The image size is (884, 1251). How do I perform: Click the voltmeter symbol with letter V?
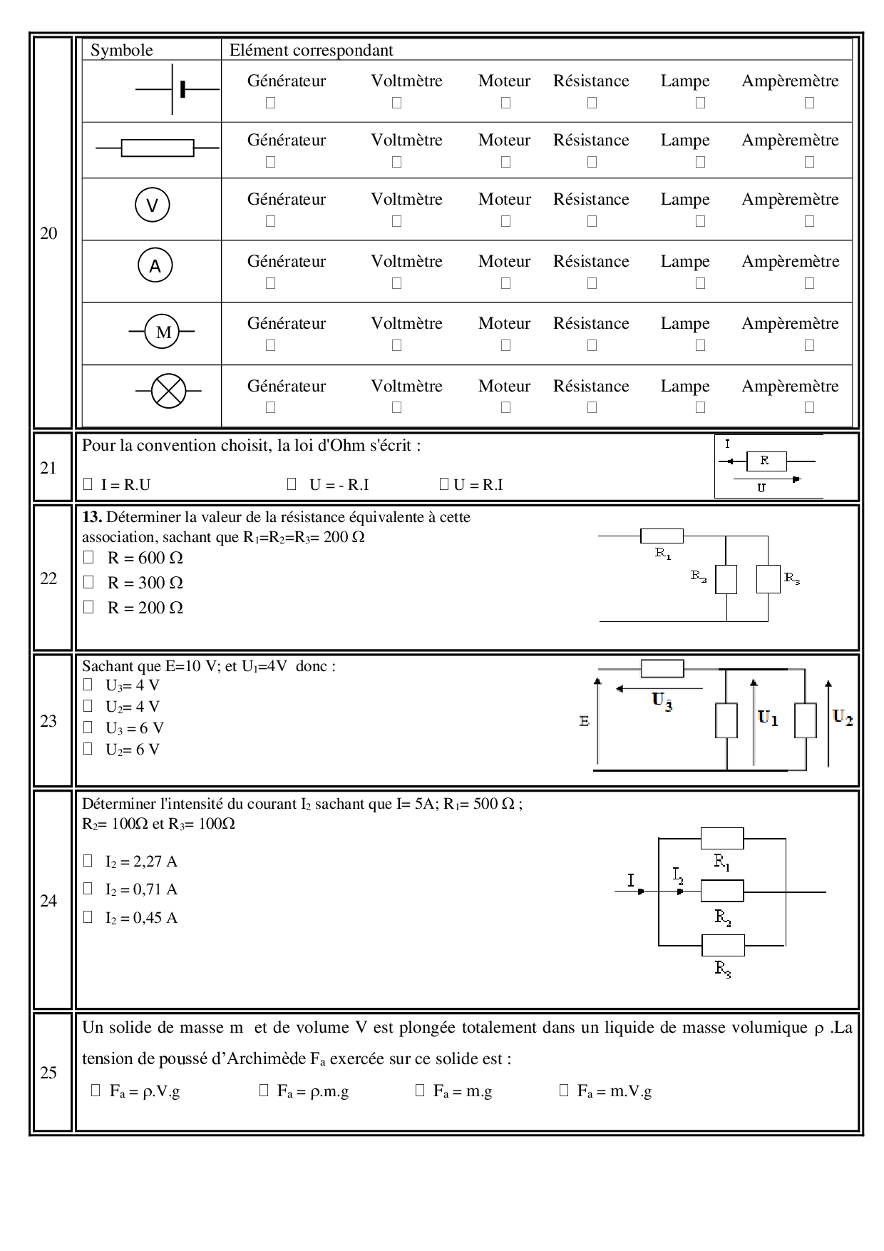pyautogui.click(x=152, y=205)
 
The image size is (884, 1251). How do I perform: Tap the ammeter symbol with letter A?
pyautogui.click(x=155, y=266)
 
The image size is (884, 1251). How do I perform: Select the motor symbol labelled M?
pyautogui.click(x=163, y=332)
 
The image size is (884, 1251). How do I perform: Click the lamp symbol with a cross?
pyautogui.click(x=168, y=391)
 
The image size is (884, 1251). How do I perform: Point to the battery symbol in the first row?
pyautogui.click(x=178, y=89)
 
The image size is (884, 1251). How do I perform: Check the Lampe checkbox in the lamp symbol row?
pyautogui.click(x=700, y=407)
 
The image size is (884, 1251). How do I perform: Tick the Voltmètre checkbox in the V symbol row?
pyautogui.click(x=396, y=221)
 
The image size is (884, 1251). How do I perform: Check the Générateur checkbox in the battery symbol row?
pyautogui.click(x=270, y=103)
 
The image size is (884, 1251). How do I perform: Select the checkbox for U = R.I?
pyautogui.click(x=443, y=484)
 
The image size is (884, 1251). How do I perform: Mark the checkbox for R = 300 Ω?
pyautogui.click(x=88, y=582)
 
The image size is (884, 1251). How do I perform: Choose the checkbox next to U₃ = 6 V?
pyautogui.click(x=88, y=727)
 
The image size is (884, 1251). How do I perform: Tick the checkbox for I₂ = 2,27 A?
pyautogui.click(x=88, y=860)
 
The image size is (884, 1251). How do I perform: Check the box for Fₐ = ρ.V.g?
pyautogui.click(x=96, y=1090)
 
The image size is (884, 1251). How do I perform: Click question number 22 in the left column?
pyautogui.click(x=48, y=578)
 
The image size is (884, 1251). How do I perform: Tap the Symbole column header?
pyautogui.click(x=122, y=50)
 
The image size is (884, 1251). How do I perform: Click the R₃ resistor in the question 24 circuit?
pyautogui.click(x=723, y=945)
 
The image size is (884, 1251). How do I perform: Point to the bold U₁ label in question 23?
pyautogui.click(x=768, y=718)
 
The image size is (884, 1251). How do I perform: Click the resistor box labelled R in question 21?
pyautogui.click(x=766, y=461)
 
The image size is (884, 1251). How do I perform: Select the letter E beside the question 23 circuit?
pyautogui.click(x=585, y=721)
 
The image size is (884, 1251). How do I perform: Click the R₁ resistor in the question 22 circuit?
pyautogui.click(x=662, y=536)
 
